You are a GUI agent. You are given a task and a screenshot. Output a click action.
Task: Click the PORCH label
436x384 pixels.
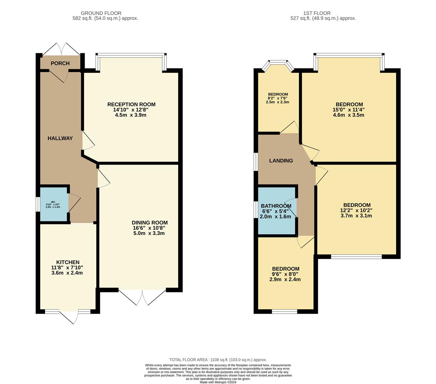[60, 63]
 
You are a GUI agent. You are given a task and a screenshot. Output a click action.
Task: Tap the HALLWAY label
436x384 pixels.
[60, 138]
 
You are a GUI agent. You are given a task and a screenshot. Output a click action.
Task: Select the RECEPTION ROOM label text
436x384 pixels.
[131, 105]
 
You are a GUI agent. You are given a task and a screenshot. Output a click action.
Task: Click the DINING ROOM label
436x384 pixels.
[149, 223]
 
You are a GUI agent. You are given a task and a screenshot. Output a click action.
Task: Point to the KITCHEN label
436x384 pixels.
[68, 262]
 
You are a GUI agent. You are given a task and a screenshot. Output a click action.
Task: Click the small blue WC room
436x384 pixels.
[53, 205]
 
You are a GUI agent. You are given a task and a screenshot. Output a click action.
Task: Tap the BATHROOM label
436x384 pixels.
[276, 206]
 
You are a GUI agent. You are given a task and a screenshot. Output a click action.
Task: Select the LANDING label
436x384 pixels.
[281, 161]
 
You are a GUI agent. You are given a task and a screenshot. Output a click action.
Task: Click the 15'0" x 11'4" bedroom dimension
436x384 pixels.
[348, 110]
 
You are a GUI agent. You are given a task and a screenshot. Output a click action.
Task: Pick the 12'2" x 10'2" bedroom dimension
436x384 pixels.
[357, 210]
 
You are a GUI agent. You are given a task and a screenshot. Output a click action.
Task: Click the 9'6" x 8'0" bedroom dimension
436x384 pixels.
[285, 274]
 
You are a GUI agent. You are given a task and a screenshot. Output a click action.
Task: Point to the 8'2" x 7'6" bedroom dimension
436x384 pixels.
[277, 98]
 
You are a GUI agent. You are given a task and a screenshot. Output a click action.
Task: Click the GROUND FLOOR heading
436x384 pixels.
[101, 13]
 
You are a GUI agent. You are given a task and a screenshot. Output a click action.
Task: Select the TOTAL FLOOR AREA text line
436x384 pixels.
[218, 360]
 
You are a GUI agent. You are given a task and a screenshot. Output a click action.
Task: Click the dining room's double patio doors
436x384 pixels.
[142, 297]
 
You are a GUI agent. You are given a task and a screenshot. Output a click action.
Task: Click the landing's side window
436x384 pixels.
[255, 162]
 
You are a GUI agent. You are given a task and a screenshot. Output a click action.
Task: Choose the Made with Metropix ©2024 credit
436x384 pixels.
[218, 382]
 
